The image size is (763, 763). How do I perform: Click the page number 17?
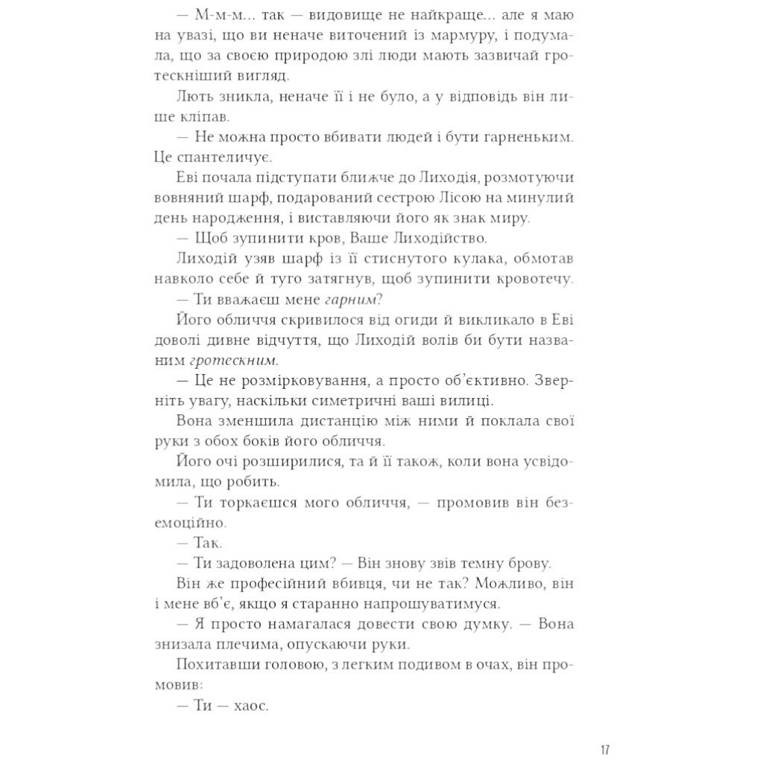tap(604, 749)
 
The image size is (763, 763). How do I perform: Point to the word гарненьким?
tap(531, 137)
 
